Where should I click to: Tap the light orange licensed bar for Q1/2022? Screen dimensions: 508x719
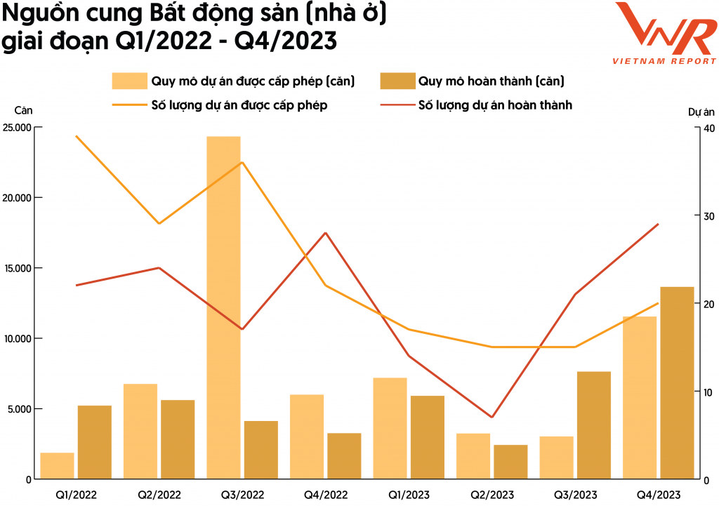tap(57, 466)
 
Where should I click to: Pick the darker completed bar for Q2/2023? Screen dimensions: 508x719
tap(510, 462)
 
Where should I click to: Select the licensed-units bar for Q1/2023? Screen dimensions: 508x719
tap(390, 428)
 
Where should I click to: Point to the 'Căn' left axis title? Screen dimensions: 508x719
tap(23, 110)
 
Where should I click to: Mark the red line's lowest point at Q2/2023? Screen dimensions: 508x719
tap(492, 417)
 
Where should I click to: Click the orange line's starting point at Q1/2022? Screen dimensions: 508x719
tap(76, 136)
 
